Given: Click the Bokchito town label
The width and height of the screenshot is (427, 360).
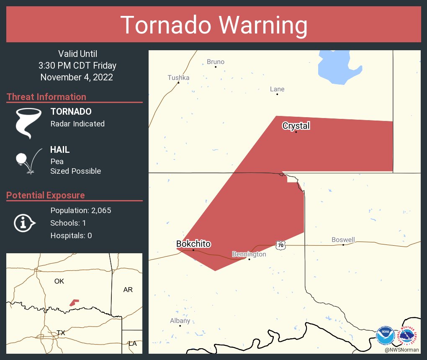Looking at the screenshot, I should tap(193, 244).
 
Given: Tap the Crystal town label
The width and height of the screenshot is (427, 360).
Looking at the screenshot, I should tap(296, 126).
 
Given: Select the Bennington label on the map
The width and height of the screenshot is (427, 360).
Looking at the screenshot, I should tap(249, 254).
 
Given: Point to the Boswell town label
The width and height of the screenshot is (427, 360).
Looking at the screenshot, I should tap(343, 239).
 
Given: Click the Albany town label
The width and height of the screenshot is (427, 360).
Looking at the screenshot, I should tap(180, 321).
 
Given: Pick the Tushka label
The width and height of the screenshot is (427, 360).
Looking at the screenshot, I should tap(178, 77).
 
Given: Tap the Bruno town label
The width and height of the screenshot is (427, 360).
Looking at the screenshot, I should tap(216, 62).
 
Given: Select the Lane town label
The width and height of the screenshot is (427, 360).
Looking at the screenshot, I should tap(277, 89).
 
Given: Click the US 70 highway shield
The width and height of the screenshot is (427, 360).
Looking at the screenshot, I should tap(280, 245).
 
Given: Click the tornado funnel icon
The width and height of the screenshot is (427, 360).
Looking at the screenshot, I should tap(28, 123).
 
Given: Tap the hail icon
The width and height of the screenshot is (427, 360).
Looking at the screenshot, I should tap(28, 161).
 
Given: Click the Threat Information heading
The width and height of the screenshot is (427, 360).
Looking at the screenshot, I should tap(46, 97).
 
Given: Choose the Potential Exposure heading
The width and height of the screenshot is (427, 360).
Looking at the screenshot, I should tap(46, 195).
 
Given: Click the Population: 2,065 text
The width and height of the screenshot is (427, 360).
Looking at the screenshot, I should tap(80, 211).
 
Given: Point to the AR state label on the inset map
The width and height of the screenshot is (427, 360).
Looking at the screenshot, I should tap(128, 290).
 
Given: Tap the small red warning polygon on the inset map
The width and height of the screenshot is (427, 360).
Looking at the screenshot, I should tap(74, 302).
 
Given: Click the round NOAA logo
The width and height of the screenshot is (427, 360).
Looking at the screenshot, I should tap(385, 336).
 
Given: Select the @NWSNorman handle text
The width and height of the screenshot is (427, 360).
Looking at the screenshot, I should tap(401, 350).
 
